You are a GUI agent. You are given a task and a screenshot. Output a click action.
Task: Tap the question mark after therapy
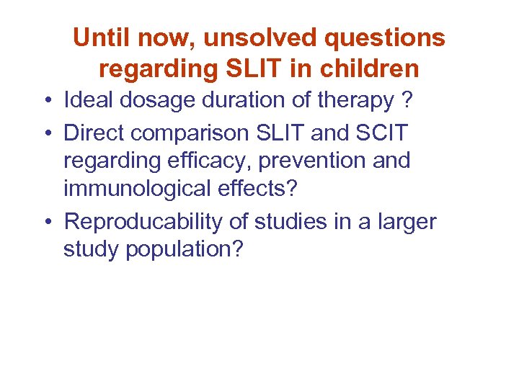pos(409,102)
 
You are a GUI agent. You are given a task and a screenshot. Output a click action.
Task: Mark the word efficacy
pos(211,162)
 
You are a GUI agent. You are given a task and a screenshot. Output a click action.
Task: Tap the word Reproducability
pos(143,223)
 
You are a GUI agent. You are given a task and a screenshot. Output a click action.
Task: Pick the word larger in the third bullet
pos(405,223)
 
